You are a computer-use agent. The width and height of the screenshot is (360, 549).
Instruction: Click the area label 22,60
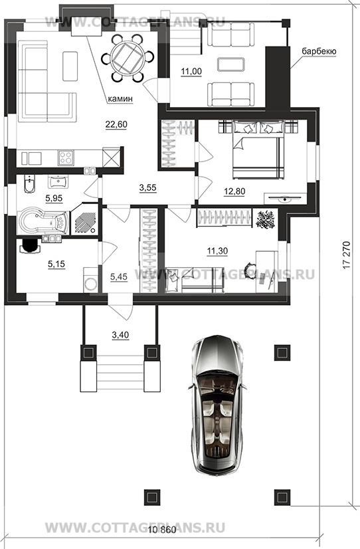pyautogui.click(x=116, y=124)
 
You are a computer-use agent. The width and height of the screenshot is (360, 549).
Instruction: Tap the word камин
pyautogui.click(x=120, y=99)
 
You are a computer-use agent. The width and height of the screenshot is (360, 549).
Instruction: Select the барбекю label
pyautogui.click(x=319, y=51)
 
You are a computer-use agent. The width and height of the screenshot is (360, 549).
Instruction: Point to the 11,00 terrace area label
pyautogui.click(x=191, y=71)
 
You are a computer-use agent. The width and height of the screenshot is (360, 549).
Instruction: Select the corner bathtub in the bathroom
pyautogui.click(x=43, y=222)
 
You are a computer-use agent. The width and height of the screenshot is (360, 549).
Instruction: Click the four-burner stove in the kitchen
pyautogui.click(x=66, y=158)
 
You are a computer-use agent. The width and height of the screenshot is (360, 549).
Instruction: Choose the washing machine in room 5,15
pyautogui.click(x=90, y=280)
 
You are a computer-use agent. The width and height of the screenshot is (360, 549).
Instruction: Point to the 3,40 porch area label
pyautogui.click(x=120, y=335)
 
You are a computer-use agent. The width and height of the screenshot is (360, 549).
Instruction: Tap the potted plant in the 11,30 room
pyautogui.click(x=265, y=219)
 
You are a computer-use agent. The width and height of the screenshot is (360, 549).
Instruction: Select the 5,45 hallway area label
pyautogui.click(x=119, y=277)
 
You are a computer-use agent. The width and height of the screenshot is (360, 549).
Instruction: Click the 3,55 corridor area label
pyautogui.click(x=147, y=188)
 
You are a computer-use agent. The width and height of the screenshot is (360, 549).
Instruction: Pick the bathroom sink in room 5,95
pyautogui.click(x=58, y=181)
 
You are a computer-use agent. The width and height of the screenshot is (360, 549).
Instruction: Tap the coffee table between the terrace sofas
pyautogui.click(x=231, y=64)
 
